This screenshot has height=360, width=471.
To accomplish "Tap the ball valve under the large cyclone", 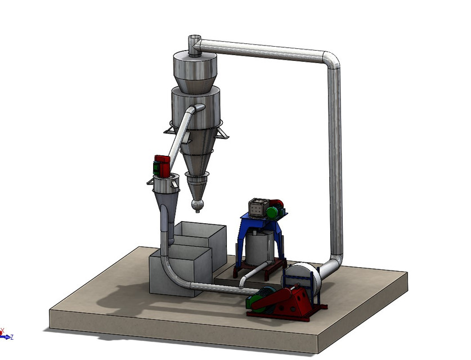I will [x=197, y=205].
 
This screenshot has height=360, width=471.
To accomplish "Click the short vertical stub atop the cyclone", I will [x=194, y=44].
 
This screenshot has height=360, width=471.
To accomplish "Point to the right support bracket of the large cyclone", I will [x=222, y=133].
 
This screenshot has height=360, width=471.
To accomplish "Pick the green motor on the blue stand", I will [x=274, y=210].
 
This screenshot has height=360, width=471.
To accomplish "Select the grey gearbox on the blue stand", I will [x=258, y=208].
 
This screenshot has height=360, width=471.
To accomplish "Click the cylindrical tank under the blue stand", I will [x=258, y=248].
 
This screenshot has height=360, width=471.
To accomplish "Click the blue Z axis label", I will [x=12, y=337].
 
